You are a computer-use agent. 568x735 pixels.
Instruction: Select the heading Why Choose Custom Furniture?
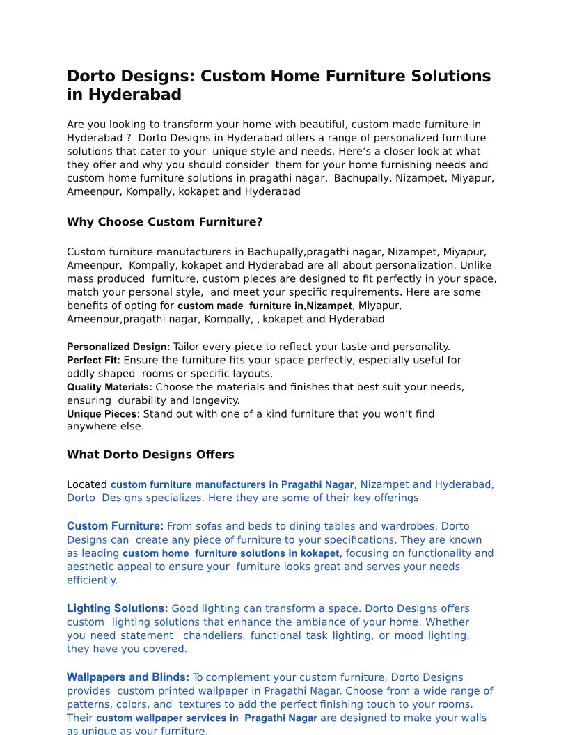click(x=164, y=222)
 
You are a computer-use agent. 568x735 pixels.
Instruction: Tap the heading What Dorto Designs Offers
click(x=150, y=455)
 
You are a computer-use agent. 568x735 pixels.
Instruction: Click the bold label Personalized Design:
click(x=118, y=347)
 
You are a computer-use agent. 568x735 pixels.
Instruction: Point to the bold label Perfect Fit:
click(x=93, y=361)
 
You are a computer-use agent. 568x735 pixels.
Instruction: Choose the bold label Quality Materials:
click(x=109, y=387)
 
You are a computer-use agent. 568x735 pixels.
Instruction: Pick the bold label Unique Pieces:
click(x=103, y=414)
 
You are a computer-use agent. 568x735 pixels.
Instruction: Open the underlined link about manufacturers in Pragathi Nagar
click(x=232, y=484)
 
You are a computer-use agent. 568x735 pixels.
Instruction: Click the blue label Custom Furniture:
click(x=115, y=526)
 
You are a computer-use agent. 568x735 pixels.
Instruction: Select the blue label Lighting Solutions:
click(x=117, y=608)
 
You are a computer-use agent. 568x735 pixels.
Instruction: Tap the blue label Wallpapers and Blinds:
click(x=128, y=677)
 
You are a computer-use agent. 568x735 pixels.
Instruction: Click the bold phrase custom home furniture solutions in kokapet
click(x=231, y=553)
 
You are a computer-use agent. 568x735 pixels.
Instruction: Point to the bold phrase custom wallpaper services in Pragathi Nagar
click(x=206, y=718)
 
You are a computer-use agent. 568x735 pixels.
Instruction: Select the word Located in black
click(x=87, y=484)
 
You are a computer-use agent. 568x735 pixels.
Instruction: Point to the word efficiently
click(x=92, y=580)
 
